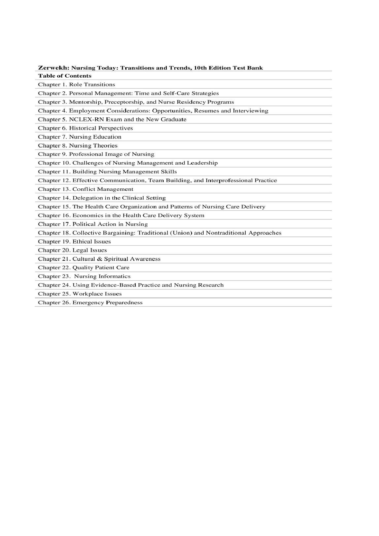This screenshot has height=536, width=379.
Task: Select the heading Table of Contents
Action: pyautogui.click(x=65, y=76)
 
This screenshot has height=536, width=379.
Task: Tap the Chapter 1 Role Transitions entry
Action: pyautogui.click(x=76, y=85)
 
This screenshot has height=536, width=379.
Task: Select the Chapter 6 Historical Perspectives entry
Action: pyautogui.click(x=85, y=128)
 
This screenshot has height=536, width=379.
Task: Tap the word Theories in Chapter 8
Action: pyautogui.click(x=105, y=145)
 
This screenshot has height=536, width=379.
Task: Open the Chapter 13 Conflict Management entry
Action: pyautogui.click(x=86, y=189)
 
